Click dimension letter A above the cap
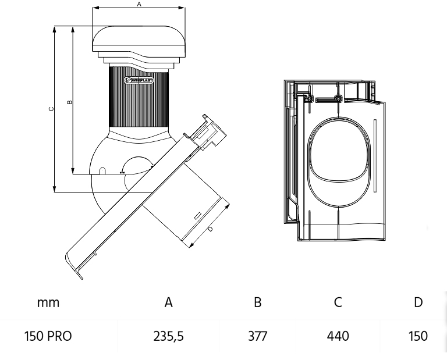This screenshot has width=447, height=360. point(139,3)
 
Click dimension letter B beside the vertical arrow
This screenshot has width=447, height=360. point(69,102)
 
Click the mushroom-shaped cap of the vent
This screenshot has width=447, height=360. point(139,40)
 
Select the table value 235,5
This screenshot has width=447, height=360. point(169,336)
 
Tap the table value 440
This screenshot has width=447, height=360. point(338,336)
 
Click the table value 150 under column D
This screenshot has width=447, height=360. point(418,336)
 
